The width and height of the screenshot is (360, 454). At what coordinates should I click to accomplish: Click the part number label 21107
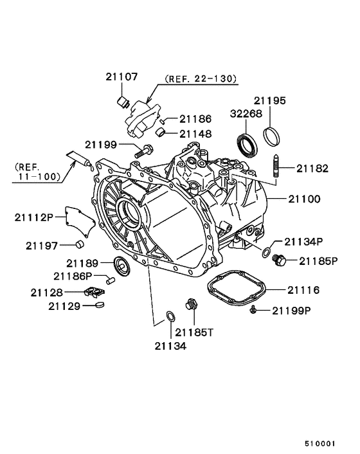(122, 77)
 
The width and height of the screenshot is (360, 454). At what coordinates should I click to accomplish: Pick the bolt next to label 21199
(144, 152)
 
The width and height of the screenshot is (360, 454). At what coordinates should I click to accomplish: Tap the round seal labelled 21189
(120, 264)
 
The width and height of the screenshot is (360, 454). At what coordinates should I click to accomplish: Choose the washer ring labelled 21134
(170, 316)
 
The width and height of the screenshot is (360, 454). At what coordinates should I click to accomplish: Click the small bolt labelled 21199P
(255, 311)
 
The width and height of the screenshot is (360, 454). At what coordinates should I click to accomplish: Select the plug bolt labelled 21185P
(280, 260)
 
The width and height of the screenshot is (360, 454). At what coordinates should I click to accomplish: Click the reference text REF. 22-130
(201, 79)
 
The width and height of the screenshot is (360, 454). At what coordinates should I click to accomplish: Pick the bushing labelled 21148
(163, 133)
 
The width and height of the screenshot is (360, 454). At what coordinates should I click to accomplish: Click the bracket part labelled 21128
(96, 293)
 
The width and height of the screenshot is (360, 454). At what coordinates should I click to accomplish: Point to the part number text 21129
(62, 306)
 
